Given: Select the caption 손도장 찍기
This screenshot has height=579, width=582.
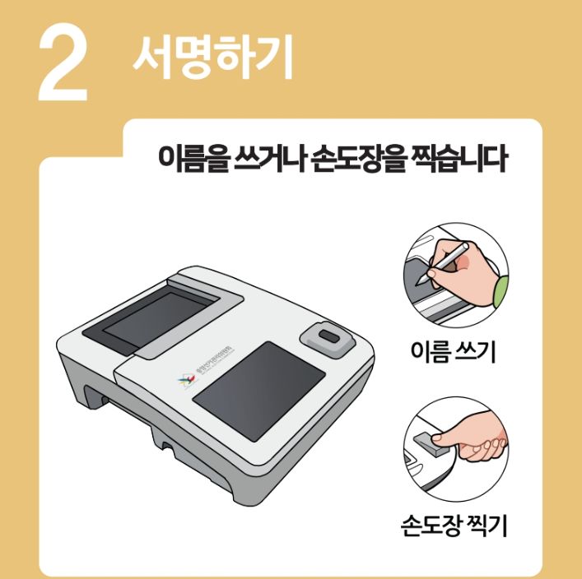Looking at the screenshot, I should (454, 523).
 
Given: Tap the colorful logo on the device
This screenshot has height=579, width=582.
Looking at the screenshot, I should (186, 379).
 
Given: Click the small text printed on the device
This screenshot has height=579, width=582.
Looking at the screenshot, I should (208, 366).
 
